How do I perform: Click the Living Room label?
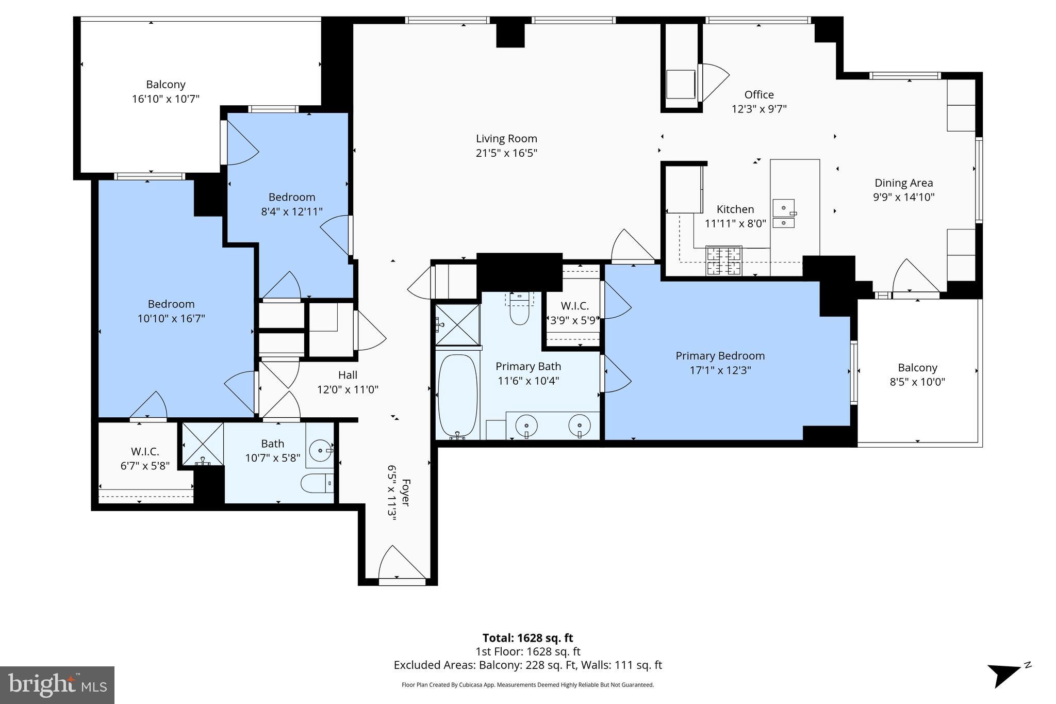pos(506,139)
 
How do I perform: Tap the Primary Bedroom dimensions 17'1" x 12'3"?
pos(720,370)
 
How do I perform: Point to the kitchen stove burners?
pos(723,260)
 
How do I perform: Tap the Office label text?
pos(758,95)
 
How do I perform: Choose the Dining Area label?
pos(903,183)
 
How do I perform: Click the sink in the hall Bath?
pos(321,450)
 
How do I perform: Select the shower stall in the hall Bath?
pos(203,444)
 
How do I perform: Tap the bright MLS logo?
pos(57,684)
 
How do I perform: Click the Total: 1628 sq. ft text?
pos(527,638)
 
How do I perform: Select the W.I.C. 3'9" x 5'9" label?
pos(574,313)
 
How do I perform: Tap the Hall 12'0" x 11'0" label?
pos(348,382)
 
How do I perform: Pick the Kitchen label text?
pos(735,209)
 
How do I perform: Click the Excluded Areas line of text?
pos(527,665)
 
